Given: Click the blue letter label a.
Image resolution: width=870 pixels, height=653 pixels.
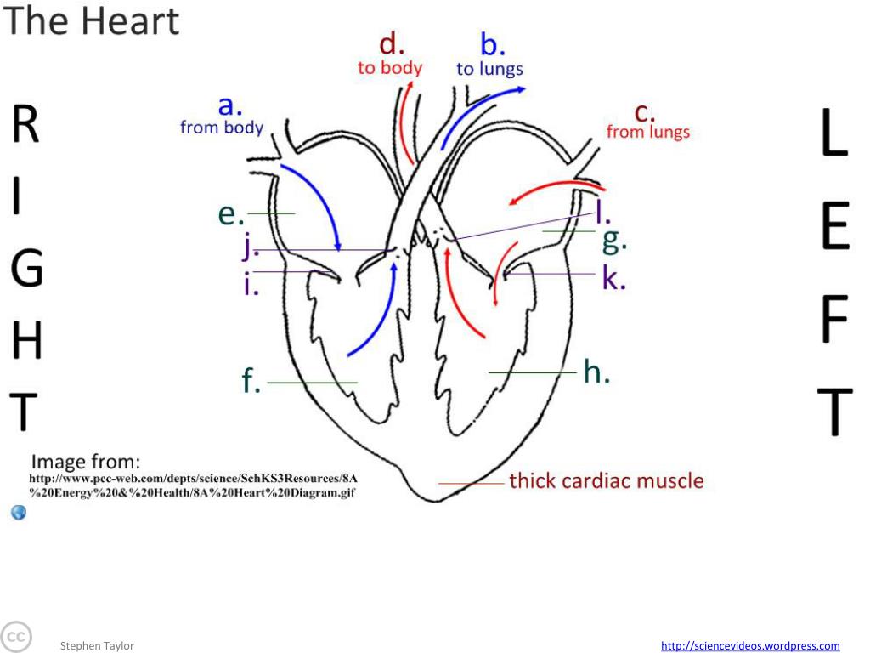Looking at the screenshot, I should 230,106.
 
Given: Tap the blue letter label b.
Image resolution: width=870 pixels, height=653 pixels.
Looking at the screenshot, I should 492,44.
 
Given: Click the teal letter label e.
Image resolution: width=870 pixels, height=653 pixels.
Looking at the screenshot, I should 230,214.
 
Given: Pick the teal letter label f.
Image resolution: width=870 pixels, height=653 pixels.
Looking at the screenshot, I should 251,382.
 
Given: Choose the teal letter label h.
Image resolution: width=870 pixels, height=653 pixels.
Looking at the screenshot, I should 596,371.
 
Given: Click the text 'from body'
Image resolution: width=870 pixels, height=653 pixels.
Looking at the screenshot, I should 222,128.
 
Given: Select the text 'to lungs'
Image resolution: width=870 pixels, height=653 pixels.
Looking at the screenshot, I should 489,69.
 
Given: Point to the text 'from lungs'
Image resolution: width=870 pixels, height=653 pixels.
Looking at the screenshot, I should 647,132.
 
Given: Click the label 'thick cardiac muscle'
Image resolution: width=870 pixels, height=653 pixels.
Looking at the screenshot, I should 606,481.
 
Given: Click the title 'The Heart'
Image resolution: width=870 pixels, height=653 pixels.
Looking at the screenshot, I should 91,21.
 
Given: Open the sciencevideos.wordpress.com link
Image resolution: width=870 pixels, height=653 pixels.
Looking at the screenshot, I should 750,646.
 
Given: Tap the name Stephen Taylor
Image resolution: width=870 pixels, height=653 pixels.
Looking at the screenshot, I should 97,646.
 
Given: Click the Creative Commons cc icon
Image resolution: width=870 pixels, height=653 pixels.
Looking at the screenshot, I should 14,637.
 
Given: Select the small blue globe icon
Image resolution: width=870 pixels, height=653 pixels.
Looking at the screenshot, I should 19,512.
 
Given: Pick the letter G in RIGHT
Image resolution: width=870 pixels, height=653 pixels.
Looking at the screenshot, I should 26,270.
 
